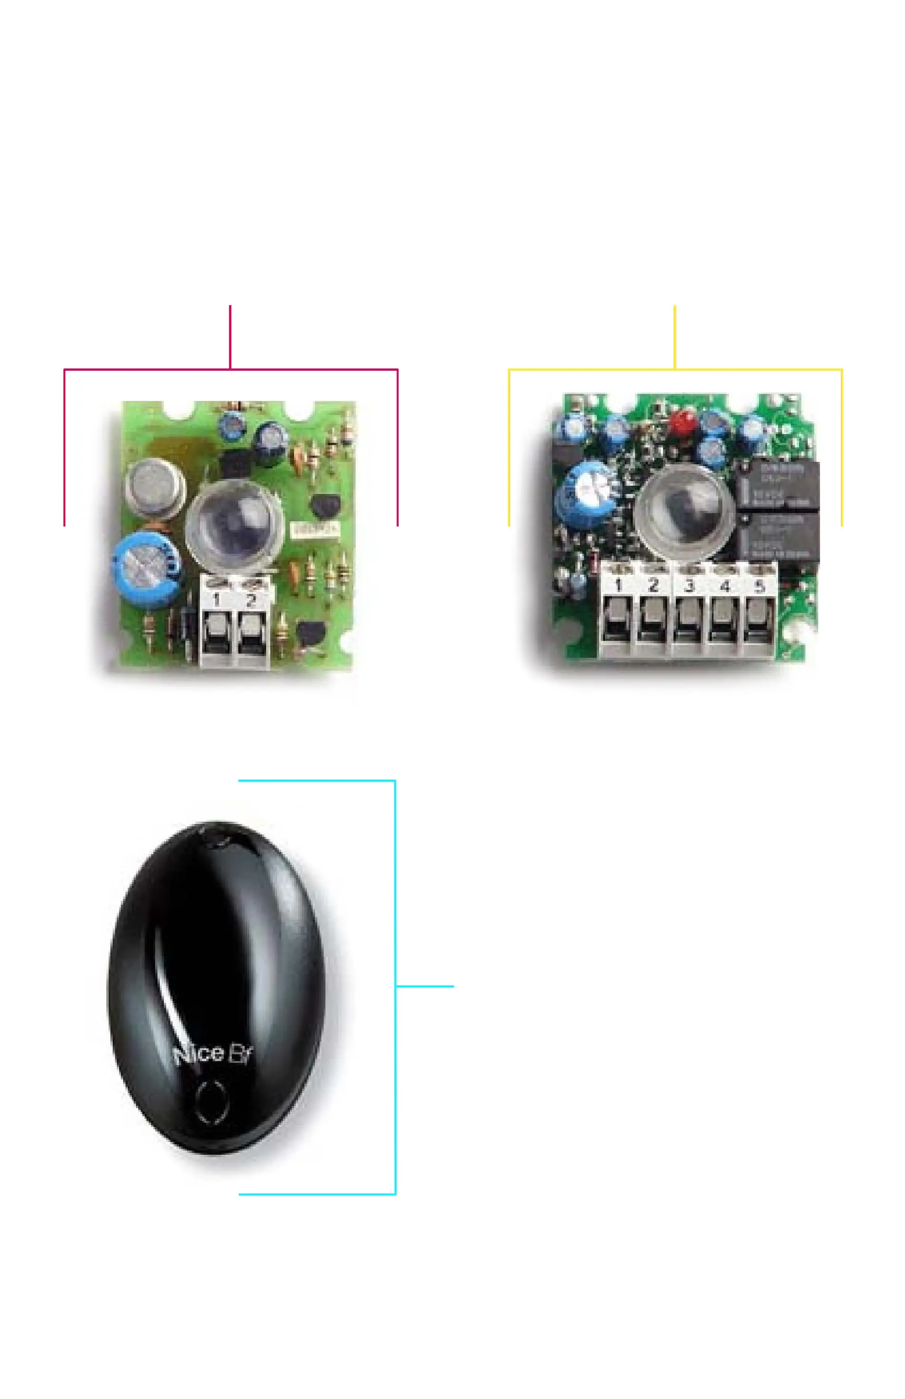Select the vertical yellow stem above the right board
pos(674,337)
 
